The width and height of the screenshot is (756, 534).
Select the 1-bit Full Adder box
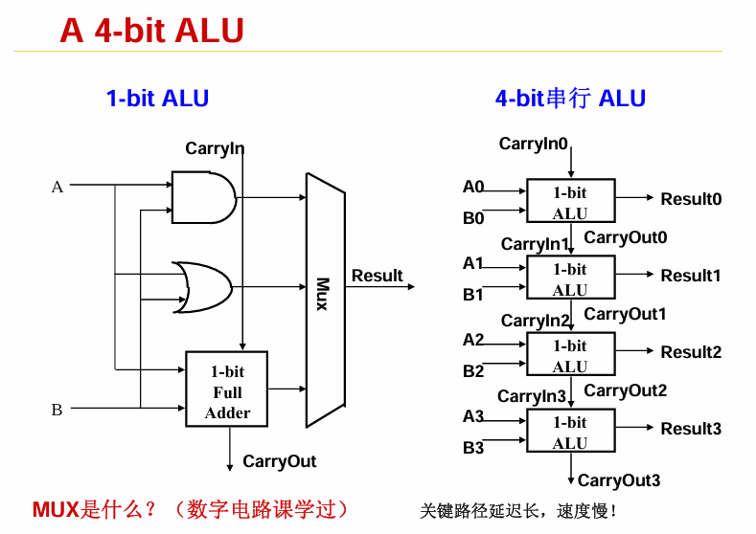(x=227, y=389)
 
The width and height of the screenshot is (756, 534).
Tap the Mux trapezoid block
(x=324, y=299)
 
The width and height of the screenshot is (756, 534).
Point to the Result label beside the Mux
(x=377, y=276)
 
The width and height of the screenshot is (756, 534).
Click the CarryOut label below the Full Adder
(x=279, y=461)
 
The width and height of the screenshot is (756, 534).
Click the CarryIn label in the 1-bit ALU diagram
(x=215, y=148)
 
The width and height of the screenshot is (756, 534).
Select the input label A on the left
(x=57, y=188)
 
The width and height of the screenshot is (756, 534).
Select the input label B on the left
(x=57, y=410)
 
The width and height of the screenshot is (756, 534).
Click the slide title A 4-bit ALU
(x=151, y=31)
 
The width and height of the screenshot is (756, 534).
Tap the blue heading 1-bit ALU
(x=157, y=98)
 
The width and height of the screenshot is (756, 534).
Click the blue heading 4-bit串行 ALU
(x=570, y=98)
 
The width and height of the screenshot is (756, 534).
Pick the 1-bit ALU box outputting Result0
(x=570, y=201)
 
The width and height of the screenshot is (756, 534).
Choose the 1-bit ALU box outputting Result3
(x=570, y=432)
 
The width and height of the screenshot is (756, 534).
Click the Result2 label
(x=690, y=352)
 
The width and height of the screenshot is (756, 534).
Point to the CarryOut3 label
(x=619, y=480)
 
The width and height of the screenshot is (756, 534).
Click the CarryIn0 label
(x=534, y=144)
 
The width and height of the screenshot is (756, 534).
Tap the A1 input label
(x=473, y=263)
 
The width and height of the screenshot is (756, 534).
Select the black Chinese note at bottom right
(x=518, y=511)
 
